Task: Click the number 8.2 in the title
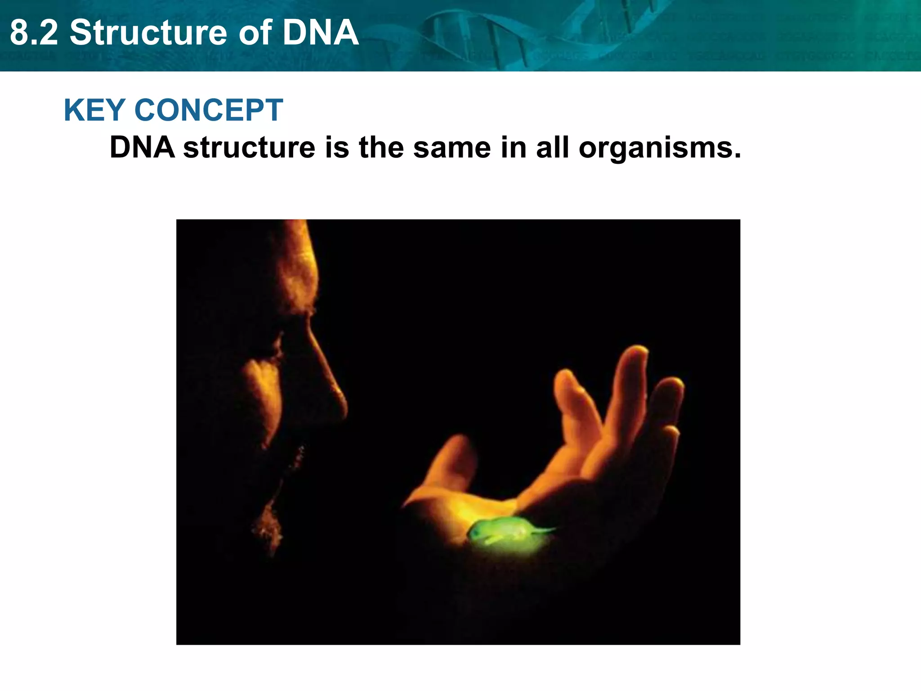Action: [x=34, y=33]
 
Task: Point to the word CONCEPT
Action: [x=209, y=110]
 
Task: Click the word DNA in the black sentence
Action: [x=142, y=148]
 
